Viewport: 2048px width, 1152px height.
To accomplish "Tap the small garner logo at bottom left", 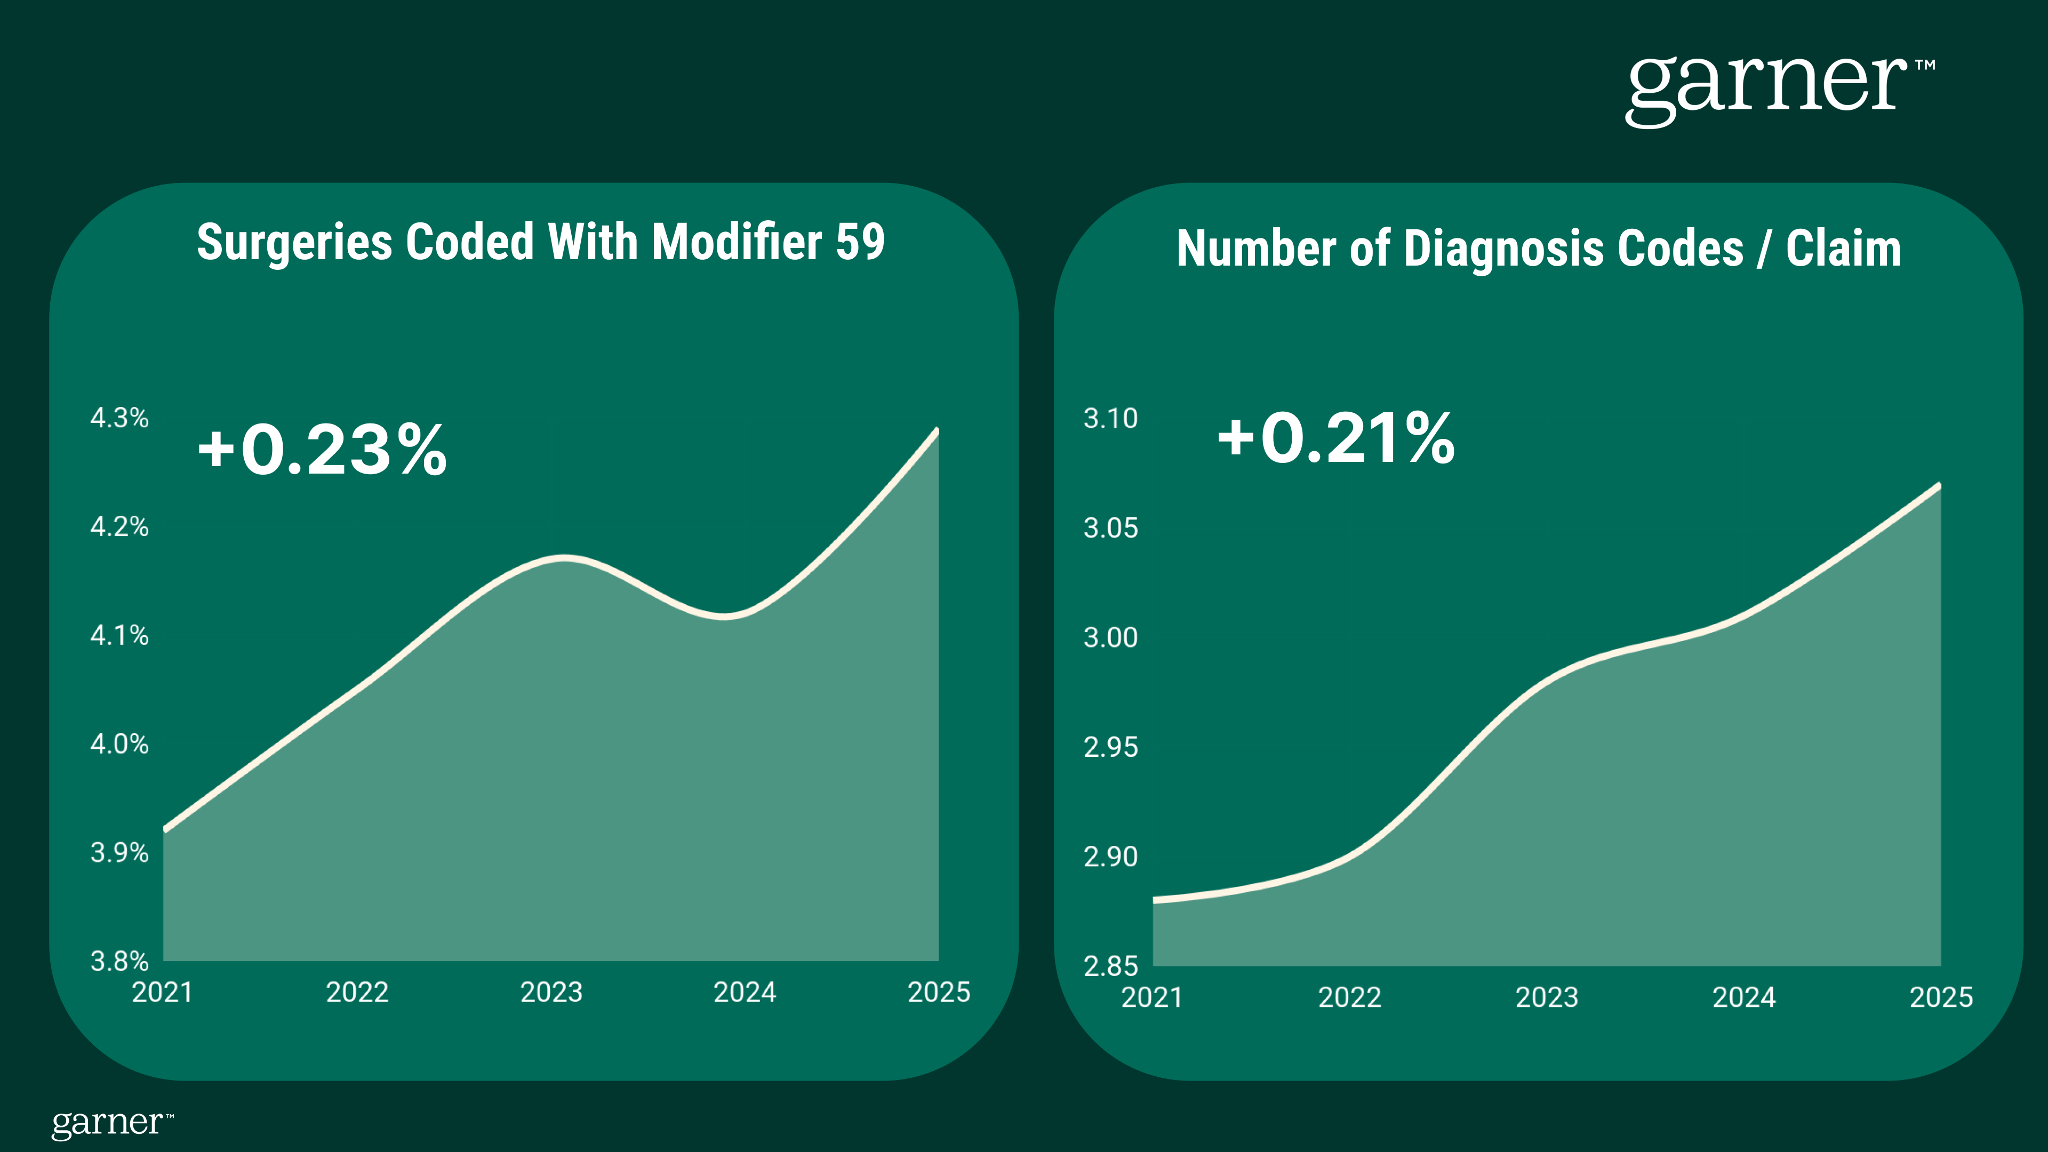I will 111,1123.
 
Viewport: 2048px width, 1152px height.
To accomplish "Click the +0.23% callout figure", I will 323,450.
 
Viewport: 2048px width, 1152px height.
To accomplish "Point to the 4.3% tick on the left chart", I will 119,418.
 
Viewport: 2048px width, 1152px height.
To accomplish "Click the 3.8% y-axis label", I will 119,961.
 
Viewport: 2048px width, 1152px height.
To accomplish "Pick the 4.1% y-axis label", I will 119,635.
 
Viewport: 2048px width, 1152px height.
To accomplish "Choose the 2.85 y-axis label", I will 1110,966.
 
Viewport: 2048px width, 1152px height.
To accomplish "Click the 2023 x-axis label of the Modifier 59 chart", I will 551,992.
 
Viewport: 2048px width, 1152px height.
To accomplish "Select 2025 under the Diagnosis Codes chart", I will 1941,997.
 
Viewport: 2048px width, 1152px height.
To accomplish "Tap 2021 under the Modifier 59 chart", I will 162,992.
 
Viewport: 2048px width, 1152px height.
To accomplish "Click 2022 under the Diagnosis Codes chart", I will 1349,997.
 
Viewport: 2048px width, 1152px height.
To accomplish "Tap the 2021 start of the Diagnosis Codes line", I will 1154,900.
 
